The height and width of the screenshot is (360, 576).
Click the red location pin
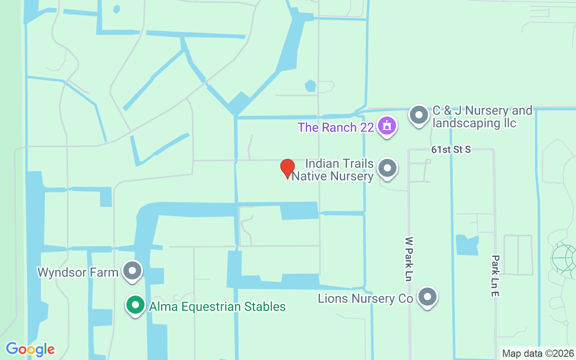(288, 168)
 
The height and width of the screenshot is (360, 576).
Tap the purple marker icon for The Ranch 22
(387, 126)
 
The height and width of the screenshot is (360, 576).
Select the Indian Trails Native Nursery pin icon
(387, 168)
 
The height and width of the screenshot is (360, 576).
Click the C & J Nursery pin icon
(419, 115)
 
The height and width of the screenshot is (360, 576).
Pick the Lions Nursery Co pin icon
(427, 297)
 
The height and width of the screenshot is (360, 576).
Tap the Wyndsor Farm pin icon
(132, 271)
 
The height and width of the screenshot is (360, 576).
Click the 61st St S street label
(451, 150)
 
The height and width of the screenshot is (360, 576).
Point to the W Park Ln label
(409, 259)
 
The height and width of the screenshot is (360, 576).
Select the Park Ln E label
(495, 276)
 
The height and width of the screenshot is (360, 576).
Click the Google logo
(30, 349)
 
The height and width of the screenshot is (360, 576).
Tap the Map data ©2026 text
(538, 354)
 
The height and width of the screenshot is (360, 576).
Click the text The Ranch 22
(336, 127)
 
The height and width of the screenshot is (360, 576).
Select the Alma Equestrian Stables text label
(217, 307)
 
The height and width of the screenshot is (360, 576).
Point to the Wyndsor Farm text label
(78, 272)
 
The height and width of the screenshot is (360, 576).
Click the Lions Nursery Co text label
(365, 298)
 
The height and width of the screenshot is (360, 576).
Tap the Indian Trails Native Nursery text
(333, 170)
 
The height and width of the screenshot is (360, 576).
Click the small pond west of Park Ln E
(467, 245)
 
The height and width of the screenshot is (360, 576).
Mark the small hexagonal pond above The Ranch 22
(310, 85)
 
